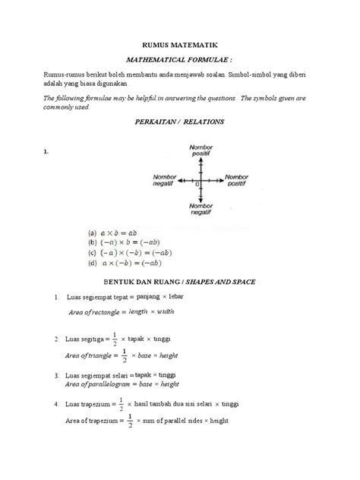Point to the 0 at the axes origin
(x=197, y=185)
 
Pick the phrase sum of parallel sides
(x=175, y=421)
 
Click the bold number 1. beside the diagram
(x=46, y=152)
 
